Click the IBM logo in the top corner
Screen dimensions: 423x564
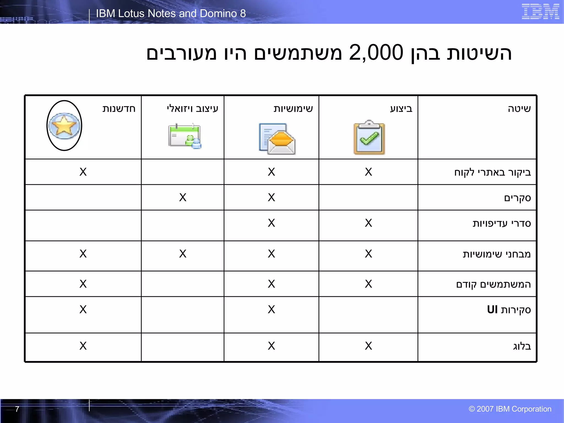[x=540, y=12]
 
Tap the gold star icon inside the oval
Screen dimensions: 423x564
[x=64, y=126]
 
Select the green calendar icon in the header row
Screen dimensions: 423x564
[x=185, y=136]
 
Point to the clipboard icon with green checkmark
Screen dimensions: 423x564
[x=369, y=138]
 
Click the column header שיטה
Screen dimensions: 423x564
[x=519, y=109]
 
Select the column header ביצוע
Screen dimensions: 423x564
[x=401, y=109]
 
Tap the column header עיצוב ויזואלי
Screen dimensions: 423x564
[x=192, y=109]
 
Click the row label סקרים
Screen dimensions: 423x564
[x=517, y=198]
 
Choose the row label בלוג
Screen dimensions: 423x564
[x=522, y=346]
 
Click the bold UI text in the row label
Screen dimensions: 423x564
[x=492, y=310]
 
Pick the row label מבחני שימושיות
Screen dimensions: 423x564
[x=497, y=254]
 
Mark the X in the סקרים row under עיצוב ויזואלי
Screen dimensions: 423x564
[x=183, y=197]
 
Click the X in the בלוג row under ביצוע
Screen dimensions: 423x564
[x=368, y=346]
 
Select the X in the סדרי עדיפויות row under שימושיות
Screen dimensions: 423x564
[x=271, y=223]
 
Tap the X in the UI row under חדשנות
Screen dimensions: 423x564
[x=83, y=310]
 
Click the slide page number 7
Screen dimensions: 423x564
[x=17, y=409]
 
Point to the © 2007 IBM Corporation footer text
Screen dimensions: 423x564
[x=510, y=409]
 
